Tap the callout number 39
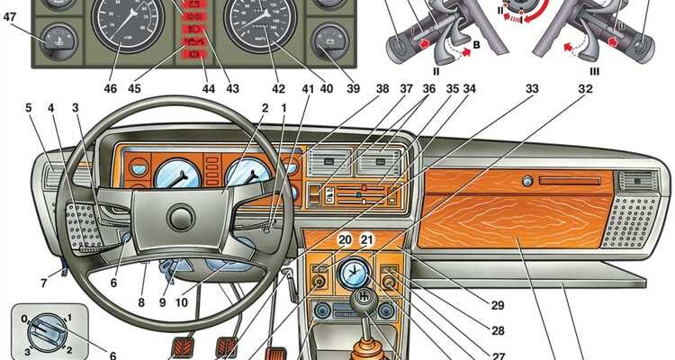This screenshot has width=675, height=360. (352, 89)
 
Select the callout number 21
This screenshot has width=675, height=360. (366, 239)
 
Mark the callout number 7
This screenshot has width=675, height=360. (43, 283)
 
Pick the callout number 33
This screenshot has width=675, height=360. (532, 89)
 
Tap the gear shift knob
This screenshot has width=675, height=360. (364, 297)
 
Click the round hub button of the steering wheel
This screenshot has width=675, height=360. (181, 217)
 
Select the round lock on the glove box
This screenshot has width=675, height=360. (526, 182)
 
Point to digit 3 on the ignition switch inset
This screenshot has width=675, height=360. (29, 352)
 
